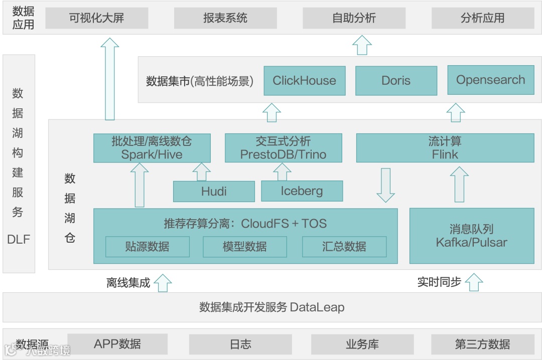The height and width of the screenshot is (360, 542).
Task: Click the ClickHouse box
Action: pos(305,81)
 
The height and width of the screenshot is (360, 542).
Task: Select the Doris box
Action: pos(396,81)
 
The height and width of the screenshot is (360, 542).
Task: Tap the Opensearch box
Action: pos(490,80)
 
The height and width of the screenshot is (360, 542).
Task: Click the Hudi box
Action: pos(214,192)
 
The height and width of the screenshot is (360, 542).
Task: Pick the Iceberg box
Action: pos(302,191)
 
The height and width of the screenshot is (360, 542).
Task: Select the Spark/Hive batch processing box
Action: pos(152,148)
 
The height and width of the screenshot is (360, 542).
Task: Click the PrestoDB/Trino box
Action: pos(283,148)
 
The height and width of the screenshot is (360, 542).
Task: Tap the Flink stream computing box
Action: pos(445,148)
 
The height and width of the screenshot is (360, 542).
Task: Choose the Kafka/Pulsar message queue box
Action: pos(471,236)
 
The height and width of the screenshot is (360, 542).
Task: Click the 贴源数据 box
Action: pos(147,247)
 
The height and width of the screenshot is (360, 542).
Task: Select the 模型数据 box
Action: pos(245,247)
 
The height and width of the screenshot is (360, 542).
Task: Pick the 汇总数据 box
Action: pos(344,247)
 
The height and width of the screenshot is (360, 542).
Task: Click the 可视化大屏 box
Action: pos(97,19)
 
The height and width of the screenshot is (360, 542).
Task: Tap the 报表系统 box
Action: pos(225,19)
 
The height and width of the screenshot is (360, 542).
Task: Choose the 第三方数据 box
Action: pos(482,344)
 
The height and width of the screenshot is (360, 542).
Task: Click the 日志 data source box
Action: pos(240,344)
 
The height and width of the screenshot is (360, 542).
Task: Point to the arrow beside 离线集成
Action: pos(163,283)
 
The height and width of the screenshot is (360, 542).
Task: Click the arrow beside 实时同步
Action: pos(474,282)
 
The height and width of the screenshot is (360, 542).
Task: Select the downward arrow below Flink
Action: pos(385,186)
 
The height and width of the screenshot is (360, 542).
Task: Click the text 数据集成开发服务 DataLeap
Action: pos(272,307)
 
